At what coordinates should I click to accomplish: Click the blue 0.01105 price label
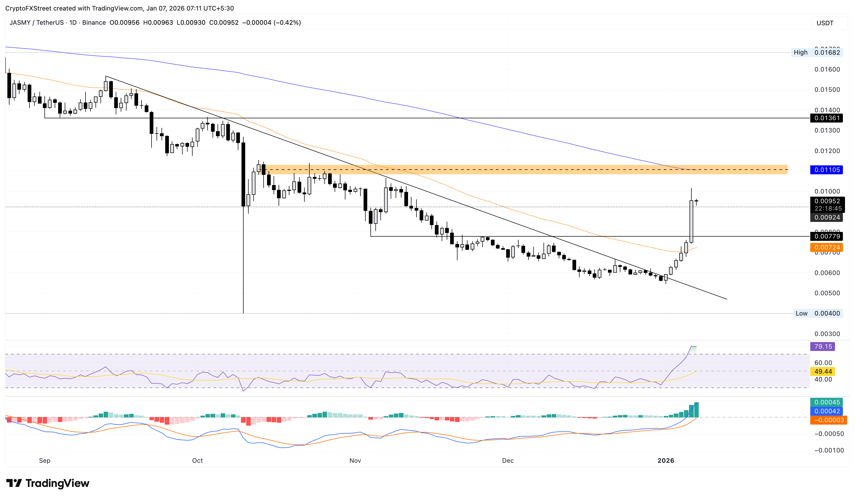click(827, 170)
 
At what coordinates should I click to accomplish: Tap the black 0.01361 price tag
click(827, 118)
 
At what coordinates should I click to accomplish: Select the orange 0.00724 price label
click(827, 247)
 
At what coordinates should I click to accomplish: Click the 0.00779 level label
click(827, 236)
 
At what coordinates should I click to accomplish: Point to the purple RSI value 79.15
click(823, 347)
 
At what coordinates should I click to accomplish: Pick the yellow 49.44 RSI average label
click(823, 371)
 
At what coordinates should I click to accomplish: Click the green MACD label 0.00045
click(827, 403)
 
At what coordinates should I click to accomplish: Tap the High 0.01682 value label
click(827, 53)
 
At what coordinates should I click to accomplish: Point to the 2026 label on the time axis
click(666, 461)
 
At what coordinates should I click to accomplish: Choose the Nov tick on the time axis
click(355, 461)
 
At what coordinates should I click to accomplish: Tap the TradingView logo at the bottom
click(48, 483)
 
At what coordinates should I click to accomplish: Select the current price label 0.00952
click(827, 201)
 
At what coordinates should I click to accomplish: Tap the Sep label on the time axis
click(44, 461)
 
